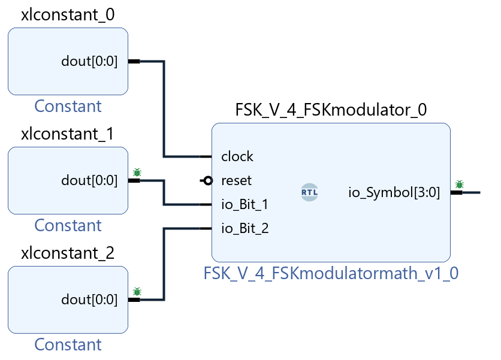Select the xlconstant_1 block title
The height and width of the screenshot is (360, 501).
coord(68,134)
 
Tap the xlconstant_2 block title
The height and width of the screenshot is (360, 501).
coord(68,253)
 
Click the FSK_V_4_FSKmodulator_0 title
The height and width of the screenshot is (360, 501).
coord(331,110)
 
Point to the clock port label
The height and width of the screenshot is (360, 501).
coord(237,157)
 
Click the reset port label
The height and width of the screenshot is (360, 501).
coord(237,180)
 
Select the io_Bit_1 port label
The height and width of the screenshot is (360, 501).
coord(245,204)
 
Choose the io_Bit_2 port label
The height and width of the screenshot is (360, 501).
coord(245,228)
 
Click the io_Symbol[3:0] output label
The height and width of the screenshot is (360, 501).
coord(394,192)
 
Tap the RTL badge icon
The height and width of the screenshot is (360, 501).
coord(310,192)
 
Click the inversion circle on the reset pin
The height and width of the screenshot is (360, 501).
coord(207,180)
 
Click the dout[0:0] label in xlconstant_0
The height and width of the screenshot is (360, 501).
coord(89,61)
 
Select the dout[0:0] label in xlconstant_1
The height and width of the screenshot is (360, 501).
coord(89,180)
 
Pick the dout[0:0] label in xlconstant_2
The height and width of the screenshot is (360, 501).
coord(89,300)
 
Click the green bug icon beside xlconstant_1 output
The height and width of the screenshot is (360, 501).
coord(137,173)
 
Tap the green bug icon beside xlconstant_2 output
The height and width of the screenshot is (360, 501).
coord(137,292)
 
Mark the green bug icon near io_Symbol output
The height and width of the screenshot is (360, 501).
coord(460,184)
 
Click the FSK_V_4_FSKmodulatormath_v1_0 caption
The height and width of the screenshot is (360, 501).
coord(331,273)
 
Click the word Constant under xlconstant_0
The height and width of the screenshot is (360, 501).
coord(68,106)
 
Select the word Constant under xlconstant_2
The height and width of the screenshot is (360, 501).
coord(68,344)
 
